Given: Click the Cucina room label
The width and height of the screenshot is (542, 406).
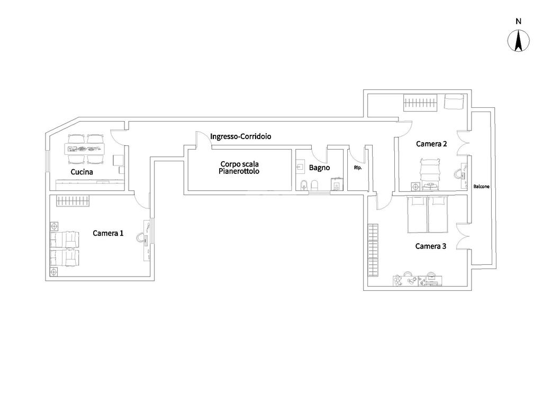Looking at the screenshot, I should click(82, 172).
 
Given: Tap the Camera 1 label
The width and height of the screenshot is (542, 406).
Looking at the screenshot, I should click(108, 233).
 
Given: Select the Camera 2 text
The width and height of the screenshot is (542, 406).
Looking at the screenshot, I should click(431, 144).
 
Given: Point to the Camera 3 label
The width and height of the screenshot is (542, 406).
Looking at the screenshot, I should click(431, 246).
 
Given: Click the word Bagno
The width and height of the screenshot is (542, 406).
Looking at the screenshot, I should click(319, 168).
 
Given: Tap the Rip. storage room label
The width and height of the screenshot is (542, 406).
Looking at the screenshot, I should click(357, 168).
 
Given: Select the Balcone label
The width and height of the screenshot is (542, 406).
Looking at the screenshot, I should click(481, 187).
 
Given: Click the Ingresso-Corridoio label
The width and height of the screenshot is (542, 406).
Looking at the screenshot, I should click(241, 136).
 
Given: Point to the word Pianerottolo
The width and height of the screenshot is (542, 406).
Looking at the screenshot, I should click(239, 171).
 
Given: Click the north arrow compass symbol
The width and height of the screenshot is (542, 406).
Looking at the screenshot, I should click(518, 41).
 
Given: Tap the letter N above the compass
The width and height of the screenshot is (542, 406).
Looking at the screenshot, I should click(518, 21).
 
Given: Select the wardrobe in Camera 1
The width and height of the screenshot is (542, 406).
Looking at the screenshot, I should click(73, 201).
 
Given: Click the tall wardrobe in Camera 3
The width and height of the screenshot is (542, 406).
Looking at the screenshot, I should click(374, 250).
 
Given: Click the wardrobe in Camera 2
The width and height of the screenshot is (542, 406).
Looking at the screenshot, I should click(420, 102).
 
